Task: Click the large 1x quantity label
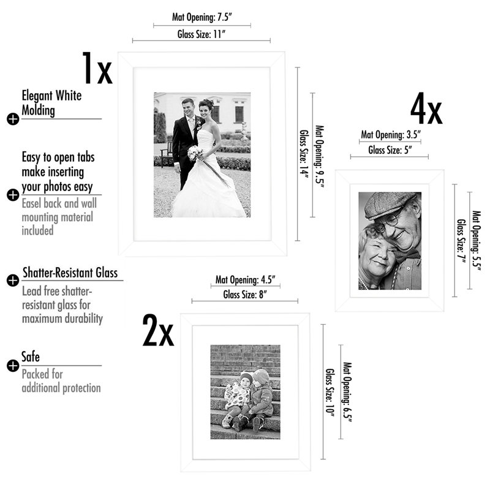pos(97,68)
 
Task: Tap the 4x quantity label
pos(426,109)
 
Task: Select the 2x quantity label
pos(158,331)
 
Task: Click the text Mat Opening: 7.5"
pos(202,17)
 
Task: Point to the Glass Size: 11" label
pos(202,34)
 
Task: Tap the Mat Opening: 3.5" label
pos(391,135)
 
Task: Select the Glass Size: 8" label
pos(245,295)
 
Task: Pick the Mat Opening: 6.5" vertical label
pos(347,392)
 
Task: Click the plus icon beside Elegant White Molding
pos(13,119)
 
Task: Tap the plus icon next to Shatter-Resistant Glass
pos(13,281)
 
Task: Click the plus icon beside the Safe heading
pos(13,366)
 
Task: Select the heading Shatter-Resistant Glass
pos(70,273)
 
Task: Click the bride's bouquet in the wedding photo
pos(195,153)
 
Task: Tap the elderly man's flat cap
pos(390,205)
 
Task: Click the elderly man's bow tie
pos(407,255)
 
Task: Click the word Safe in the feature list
pos(31,357)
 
